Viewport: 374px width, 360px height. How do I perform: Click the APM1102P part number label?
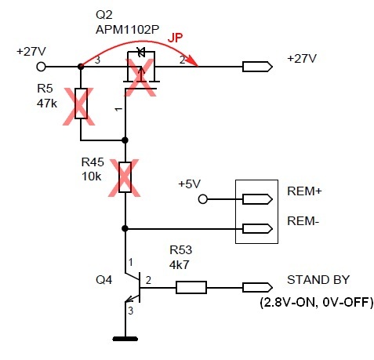click(127, 30)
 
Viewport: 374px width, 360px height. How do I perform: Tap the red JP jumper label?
click(175, 38)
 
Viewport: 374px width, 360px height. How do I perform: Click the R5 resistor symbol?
click(81, 104)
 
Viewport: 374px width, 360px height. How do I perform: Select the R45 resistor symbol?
click(125, 177)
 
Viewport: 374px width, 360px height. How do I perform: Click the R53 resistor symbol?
click(191, 287)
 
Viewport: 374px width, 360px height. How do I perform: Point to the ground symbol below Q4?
click(125, 339)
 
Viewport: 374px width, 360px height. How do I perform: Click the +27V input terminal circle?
click(41, 67)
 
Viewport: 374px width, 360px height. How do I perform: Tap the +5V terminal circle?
click(203, 199)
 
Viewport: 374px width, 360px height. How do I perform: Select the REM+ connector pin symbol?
click(257, 199)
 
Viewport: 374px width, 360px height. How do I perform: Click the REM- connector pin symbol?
click(257, 229)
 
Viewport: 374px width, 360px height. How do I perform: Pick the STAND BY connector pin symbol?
click(257, 287)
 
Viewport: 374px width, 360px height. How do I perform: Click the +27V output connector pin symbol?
click(257, 67)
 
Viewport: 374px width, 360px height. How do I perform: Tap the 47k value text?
click(47, 104)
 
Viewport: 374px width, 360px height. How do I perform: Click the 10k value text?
click(91, 176)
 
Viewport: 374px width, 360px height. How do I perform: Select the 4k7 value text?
click(179, 265)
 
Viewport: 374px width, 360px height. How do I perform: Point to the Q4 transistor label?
click(103, 280)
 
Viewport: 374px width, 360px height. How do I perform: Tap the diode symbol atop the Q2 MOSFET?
click(141, 53)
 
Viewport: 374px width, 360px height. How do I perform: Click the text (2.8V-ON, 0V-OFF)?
click(317, 303)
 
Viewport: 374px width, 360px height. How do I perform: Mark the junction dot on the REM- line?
click(125, 229)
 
